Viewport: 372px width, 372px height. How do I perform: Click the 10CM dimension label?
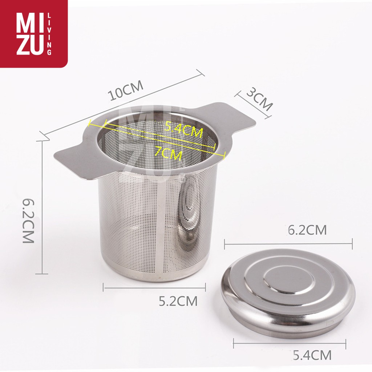(126, 90)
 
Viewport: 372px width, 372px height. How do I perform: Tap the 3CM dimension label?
(259, 99)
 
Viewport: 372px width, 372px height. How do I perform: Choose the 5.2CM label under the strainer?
(178, 301)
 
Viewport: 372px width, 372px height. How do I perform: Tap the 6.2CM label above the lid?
(307, 230)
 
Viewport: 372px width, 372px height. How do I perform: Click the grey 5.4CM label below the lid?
(312, 355)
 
